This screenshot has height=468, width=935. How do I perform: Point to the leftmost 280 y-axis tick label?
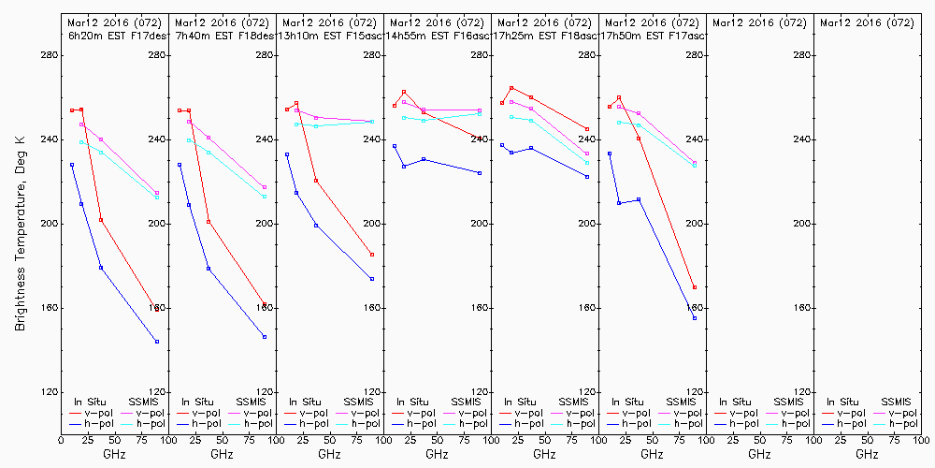[48, 55]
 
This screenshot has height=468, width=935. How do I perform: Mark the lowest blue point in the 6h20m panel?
[157, 342]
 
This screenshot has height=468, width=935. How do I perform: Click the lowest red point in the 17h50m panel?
[695, 287]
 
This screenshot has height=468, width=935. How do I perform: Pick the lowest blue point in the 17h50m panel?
[695, 318]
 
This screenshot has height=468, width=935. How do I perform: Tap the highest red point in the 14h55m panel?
[403, 92]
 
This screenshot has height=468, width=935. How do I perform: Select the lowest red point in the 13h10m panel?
[372, 255]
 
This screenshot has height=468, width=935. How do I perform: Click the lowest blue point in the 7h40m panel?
[265, 337]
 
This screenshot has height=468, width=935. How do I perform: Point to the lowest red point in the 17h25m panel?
[587, 129]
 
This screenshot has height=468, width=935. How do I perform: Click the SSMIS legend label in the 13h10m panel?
[359, 402]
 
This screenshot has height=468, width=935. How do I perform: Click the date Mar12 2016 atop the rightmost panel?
[854, 22]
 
